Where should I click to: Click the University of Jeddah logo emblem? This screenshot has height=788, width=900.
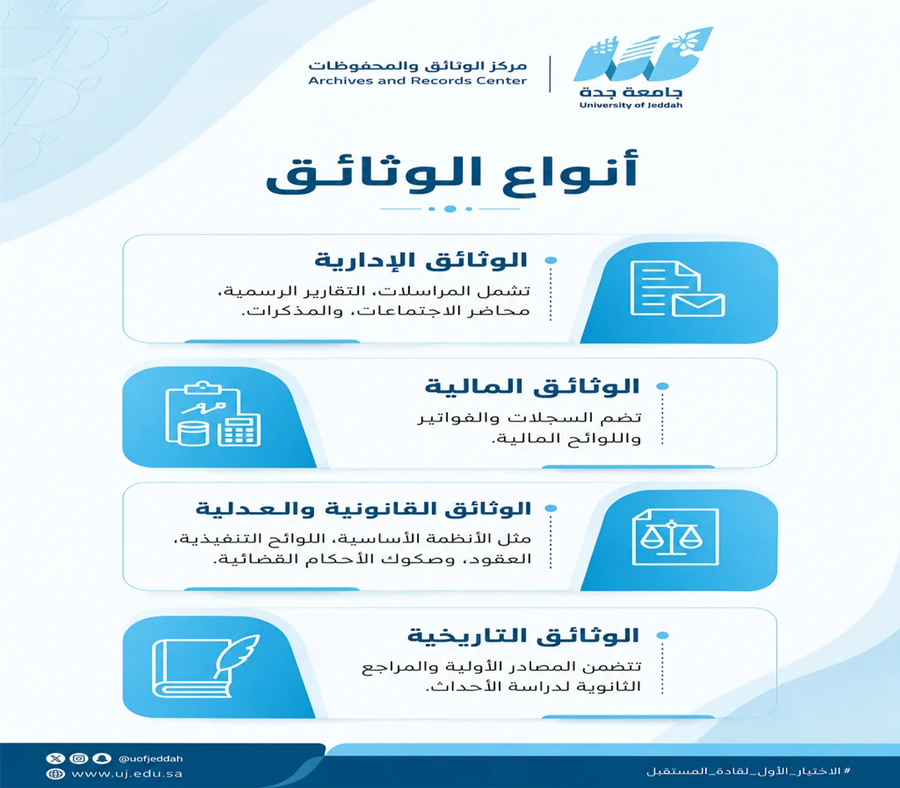tap(642, 54)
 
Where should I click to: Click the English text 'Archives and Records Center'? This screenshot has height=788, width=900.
tap(418, 80)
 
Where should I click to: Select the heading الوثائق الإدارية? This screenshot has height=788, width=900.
tap(421, 260)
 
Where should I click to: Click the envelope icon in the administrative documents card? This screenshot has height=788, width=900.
tap(698, 305)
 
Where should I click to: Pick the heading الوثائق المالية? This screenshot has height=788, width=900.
tap(532, 386)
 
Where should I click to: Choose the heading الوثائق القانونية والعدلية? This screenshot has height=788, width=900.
tap(363, 509)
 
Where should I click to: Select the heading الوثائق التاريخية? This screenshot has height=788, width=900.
tap(523, 636)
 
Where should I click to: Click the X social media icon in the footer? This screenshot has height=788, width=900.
tap(55, 758)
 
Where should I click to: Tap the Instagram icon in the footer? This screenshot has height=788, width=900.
tap(79, 758)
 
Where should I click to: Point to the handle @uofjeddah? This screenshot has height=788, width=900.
tap(151, 759)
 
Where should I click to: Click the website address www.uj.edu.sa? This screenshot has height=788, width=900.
tap(127, 774)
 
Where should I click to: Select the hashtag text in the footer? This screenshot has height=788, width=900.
tap(748, 771)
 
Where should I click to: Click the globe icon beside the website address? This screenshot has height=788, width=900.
tap(55, 774)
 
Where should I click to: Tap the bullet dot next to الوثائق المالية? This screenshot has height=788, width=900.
tap(662, 386)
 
